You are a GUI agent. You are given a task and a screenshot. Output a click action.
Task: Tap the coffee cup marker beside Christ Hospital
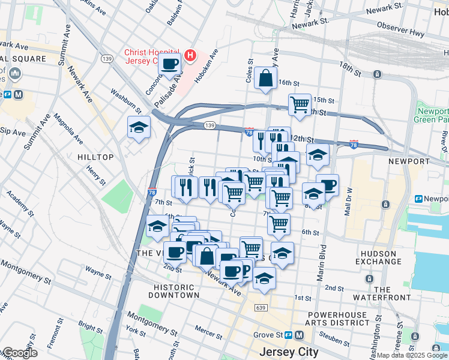click(x=170, y=64)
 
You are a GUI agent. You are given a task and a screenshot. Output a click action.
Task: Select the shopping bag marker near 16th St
click(x=265, y=78)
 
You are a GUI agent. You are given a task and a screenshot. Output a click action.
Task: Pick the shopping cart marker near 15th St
click(x=300, y=104)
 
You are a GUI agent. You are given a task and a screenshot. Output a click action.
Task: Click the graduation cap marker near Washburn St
click(x=139, y=128)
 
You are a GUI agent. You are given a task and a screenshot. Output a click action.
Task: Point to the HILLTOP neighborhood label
click(x=95, y=157)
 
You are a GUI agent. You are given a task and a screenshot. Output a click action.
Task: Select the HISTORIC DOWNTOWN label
click(x=175, y=290)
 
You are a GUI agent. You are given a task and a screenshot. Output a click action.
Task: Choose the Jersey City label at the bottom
click(x=286, y=352)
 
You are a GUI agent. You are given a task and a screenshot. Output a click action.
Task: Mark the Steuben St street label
click(x=335, y=341)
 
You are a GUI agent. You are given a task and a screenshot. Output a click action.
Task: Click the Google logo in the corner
click(x=19, y=353)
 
